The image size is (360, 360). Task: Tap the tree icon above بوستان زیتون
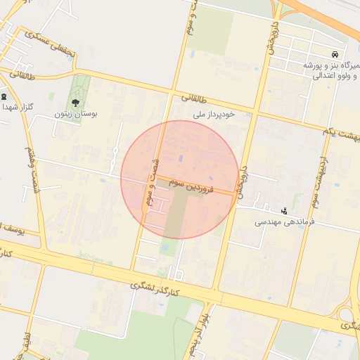coord(76,103)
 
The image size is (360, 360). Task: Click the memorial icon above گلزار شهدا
coord(5,97)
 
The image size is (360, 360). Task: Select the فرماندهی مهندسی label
coord(285,221)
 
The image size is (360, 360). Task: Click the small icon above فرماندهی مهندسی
coord(284,210)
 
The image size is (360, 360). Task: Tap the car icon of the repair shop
coord(335,55)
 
